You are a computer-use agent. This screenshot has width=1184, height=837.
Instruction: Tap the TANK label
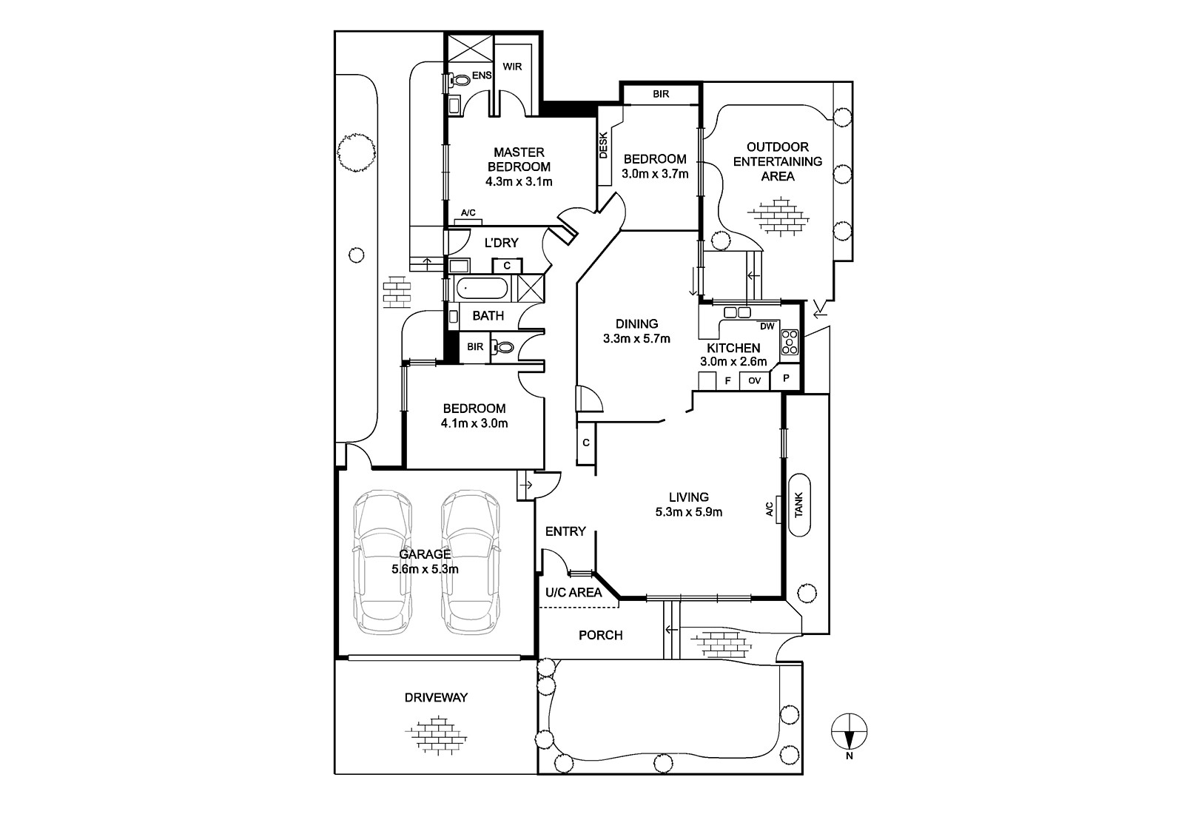pos(798,505)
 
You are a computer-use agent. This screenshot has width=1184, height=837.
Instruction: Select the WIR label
pos(512,67)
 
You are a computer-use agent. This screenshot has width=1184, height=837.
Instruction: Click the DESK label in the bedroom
pos(604,145)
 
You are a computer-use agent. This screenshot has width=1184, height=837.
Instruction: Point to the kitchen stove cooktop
pos(789,342)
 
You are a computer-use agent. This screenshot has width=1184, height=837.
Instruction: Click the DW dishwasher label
pos(767,326)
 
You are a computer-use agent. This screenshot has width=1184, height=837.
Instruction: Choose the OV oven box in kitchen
pos(754,380)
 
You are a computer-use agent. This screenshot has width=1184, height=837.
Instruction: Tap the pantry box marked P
pos(786,377)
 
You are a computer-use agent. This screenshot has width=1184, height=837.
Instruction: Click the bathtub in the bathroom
pos(482,289)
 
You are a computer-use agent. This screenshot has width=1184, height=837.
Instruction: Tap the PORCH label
pos(600,635)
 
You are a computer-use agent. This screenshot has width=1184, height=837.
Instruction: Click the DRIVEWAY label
pos(436,697)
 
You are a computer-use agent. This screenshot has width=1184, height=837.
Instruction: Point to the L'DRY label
pos(501,243)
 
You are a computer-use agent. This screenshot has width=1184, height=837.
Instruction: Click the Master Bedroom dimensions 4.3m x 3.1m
pos(519,182)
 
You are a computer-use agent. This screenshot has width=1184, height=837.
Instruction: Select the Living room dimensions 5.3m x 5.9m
pos(689,512)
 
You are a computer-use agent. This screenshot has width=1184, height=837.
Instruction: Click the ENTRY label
pos(565,531)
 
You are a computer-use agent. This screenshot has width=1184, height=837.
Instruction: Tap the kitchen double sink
pos(737,312)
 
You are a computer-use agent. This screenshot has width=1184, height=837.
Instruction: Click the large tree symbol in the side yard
pos(356,151)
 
